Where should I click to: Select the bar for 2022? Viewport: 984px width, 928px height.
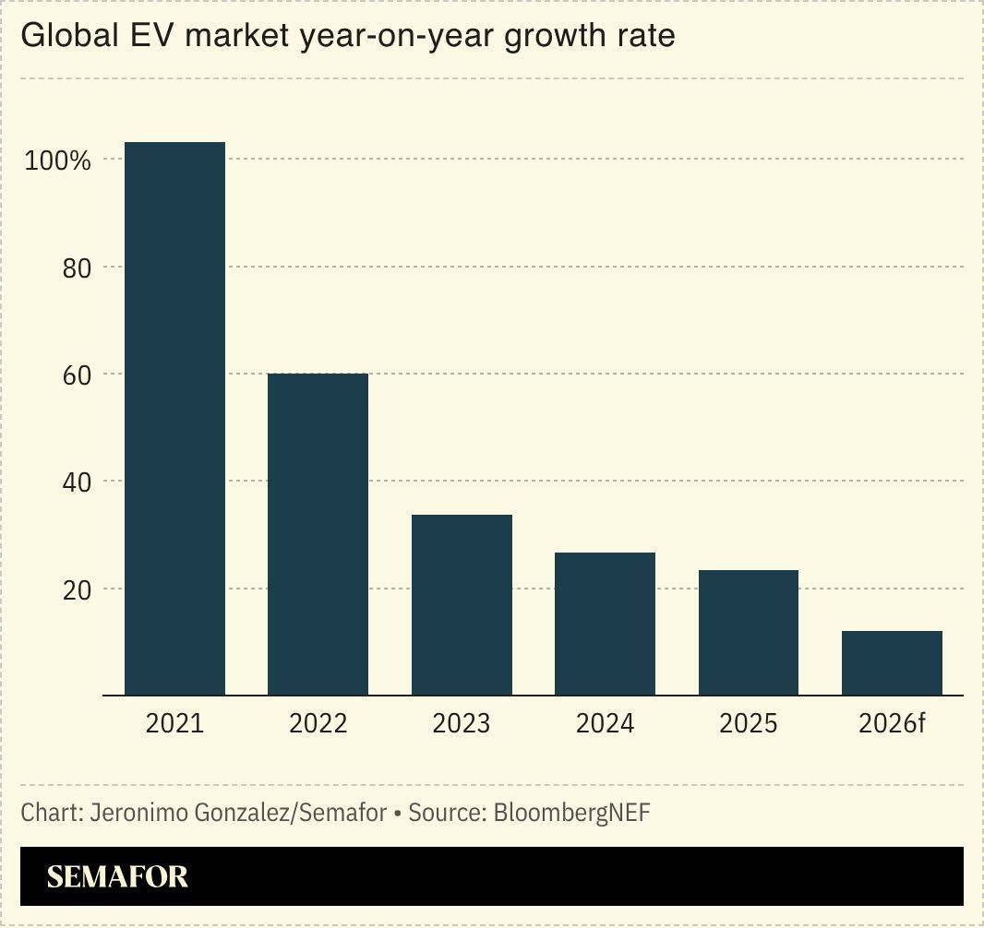(318, 534)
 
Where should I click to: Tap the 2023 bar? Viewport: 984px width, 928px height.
(462, 604)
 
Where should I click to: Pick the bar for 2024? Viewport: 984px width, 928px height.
(605, 624)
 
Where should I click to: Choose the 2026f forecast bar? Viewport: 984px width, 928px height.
(892, 662)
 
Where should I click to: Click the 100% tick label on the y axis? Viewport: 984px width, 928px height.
(57, 161)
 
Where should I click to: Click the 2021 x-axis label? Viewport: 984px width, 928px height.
(174, 723)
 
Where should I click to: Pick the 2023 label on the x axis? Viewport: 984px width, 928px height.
(462, 723)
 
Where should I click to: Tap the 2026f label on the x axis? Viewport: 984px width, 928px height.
(892, 723)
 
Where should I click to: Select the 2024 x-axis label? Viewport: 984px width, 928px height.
(605, 723)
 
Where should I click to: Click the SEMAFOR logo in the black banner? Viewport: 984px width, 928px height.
(117, 876)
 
